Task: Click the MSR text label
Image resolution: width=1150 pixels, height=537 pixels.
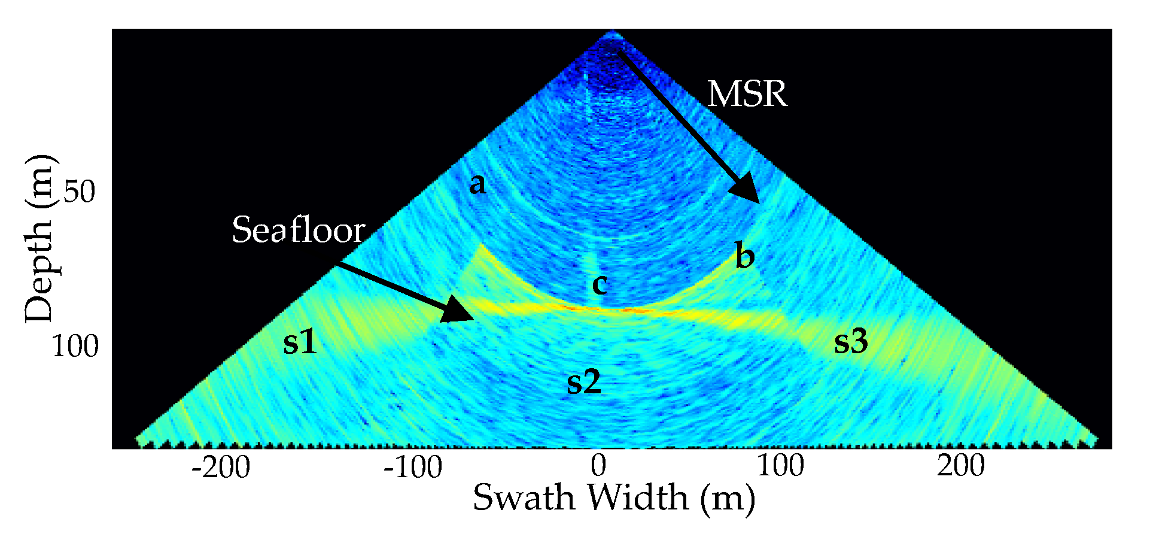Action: [x=747, y=95]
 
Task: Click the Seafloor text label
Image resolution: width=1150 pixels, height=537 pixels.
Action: [x=298, y=230]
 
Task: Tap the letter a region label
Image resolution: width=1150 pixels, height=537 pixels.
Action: [x=477, y=184]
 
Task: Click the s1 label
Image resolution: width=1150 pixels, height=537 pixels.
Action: [x=299, y=342]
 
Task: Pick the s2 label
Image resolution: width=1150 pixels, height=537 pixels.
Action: [x=583, y=381]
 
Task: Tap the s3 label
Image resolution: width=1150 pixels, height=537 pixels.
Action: [x=850, y=341]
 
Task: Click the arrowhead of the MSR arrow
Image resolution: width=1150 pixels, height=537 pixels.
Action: [x=747, y=191]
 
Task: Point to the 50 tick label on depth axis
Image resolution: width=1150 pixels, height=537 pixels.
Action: [x=78, y=192]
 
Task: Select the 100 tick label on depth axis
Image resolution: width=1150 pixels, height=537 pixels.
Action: [x=74, y=346]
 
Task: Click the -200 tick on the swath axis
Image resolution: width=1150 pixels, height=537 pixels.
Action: [x=221, y=467]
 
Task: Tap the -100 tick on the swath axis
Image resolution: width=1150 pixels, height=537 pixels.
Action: [x=412, y=467]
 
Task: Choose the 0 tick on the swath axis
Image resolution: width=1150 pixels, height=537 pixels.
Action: [x=598, y=466]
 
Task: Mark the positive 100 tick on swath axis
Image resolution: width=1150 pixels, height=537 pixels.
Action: [x=780, y=466]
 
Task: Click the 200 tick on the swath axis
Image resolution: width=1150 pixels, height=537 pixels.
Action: [x=960, y=466]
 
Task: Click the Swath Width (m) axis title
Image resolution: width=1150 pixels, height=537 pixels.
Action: [x=613, y=498]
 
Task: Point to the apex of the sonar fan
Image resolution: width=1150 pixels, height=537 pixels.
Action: [x=611, y=33]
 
